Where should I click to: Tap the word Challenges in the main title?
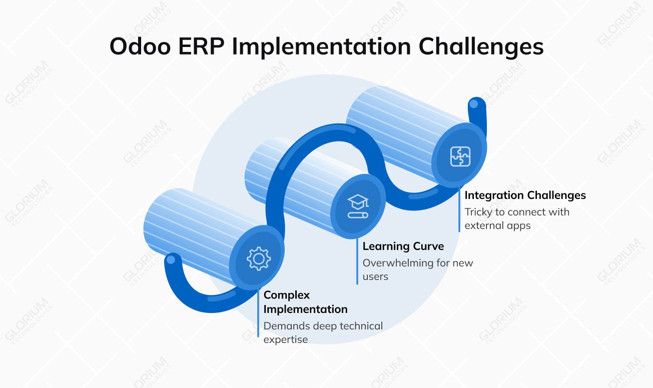(x=481, y=47)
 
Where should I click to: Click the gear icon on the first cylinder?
(x=258, y=259)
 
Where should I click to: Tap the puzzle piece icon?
(x=460, y=156)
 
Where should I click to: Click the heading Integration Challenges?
(x=525, y=195)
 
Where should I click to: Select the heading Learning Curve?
(x=403, y=246)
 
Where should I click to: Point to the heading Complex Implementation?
(x=305, y=302)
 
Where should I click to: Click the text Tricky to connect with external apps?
(x=516, y=218)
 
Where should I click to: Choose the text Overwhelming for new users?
(x=417, y=269)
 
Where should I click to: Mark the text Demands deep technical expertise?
(x=323, y=332)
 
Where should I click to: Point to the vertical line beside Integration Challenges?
(x=459, y=210)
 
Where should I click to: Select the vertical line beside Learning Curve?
(x=357, y=262)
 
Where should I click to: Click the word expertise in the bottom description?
(x=285, y=339)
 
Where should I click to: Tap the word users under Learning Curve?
(x=375, y=276)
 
